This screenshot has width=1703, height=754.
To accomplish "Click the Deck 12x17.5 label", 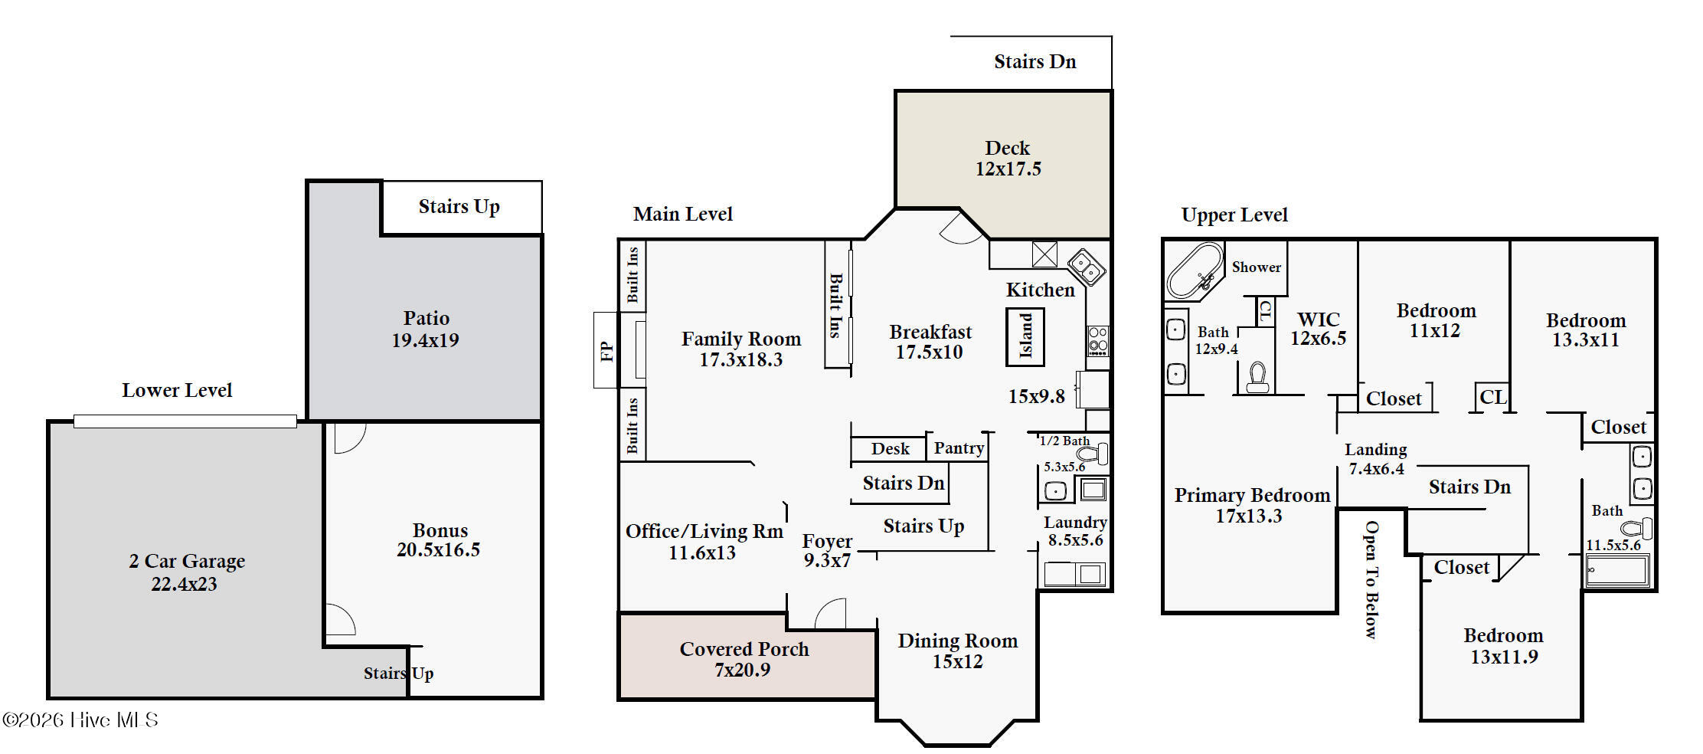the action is [1008, 158].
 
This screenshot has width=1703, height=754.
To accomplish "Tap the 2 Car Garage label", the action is [187, 572].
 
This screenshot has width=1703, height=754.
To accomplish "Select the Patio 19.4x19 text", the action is [426, 329].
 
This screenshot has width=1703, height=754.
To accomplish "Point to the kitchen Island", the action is [1025, 336].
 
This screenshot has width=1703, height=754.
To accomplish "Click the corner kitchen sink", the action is [1087, 266].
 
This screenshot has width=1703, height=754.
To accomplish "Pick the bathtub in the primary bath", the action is [1195, 271].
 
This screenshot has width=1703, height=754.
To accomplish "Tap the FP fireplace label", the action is [606, 351].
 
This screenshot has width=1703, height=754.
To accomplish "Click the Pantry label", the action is [959, 448].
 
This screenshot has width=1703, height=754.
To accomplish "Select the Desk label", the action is [890, 448].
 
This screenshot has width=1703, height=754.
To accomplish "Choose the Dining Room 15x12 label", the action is [957, 651].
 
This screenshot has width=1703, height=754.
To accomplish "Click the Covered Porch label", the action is [744, 649].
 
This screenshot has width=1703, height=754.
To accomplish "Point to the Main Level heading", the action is [683, 214].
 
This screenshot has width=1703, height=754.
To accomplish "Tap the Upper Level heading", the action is [1234, 215].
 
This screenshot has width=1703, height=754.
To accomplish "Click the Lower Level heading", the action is [177, 390].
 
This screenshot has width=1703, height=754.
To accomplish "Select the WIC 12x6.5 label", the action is [1318, 329].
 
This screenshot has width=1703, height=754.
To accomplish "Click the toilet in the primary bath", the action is [1257, 377].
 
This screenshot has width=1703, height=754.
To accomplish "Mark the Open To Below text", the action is [1371, 579].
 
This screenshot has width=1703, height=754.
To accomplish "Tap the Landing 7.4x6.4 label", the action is [1376, 459].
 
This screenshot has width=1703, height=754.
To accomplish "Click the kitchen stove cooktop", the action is [1097, 341].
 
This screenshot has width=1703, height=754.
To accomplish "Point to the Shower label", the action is [1256, 267].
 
